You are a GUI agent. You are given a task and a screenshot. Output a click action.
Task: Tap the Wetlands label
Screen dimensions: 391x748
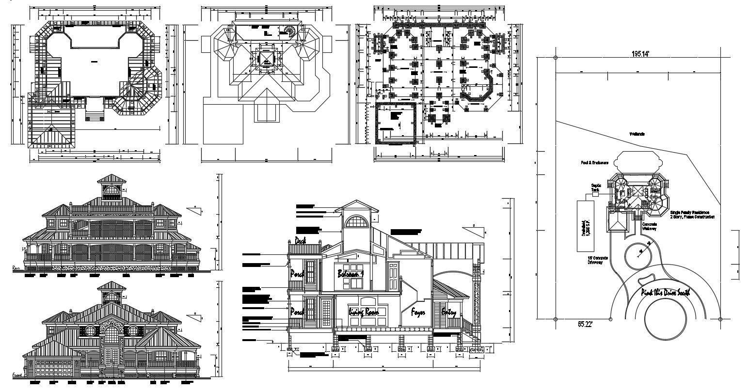click(637, 134)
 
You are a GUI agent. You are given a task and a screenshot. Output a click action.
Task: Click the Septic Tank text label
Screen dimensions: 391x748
click(596, 188)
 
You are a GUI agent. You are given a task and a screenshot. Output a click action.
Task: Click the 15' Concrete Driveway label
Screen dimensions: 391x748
click(597, 260)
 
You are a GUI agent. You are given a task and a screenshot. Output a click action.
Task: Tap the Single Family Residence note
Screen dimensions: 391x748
click(692, 215)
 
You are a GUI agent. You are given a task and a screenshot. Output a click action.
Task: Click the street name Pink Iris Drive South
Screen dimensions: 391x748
click(665, 292)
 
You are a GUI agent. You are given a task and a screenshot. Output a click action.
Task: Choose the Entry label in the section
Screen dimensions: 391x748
click(448, 313)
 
